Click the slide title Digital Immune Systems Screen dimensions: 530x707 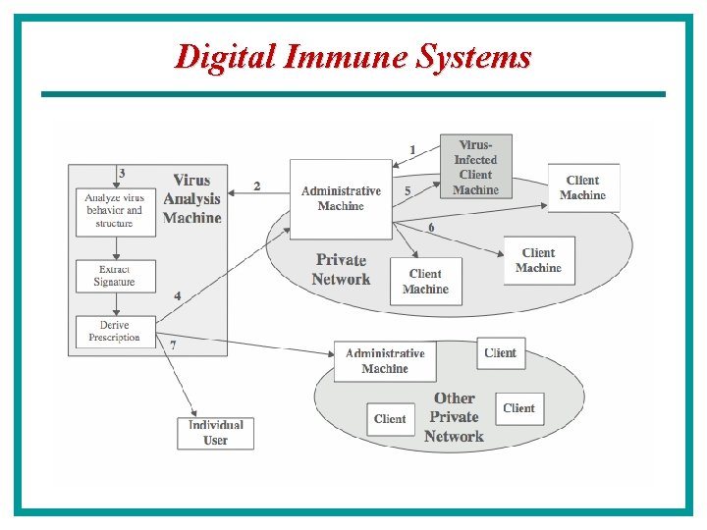[x=353, y=56]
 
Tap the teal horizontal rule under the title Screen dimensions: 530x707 [x=353, y=94]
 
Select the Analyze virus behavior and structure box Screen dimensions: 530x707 [x=114, y=211]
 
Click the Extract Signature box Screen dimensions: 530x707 [x=114, y=276]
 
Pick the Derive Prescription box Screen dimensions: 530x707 [x=114, y=331]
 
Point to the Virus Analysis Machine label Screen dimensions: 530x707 [x=191, y=198]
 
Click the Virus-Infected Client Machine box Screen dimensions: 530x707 [x=475, y=167]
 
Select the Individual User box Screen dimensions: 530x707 [x=216, y=433]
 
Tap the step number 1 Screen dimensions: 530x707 [x=412, y=150]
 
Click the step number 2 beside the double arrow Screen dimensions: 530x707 [x=257, y=185]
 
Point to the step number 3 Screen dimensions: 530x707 [x=122, y=174]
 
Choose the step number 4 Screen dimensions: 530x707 [x=178, y=295]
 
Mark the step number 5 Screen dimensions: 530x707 [x=408, y=191]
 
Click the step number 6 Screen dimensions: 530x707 [x=431, y=228]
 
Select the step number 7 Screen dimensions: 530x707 [x=174, y=345]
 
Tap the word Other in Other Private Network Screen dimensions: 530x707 [x=454, y=398]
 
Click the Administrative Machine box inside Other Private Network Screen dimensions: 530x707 [x=385, y=361]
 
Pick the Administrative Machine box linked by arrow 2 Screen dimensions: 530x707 [x=341, y=199]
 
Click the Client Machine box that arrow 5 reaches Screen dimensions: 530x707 [x=582, y=187]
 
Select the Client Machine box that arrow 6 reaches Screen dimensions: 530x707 [x=538, y=261]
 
